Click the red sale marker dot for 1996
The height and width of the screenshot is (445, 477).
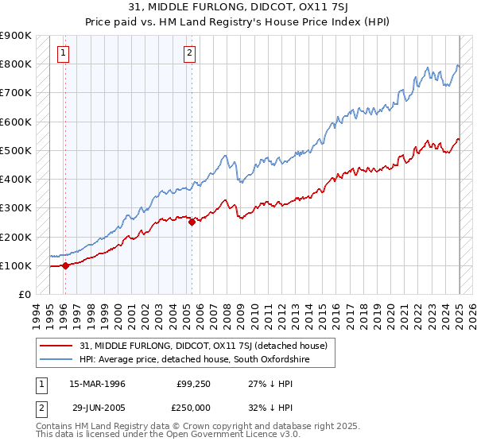(65, 265)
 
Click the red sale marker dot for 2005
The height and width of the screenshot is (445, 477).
(192, 222)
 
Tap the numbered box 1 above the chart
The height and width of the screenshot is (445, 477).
(63, 54)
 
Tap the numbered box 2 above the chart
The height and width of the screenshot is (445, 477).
(190, 54)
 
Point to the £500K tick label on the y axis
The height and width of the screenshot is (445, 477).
(16, 150)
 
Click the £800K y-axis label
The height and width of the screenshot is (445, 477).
(16, 64)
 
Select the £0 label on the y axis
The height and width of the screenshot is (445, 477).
(23, 295)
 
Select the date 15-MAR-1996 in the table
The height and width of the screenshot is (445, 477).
(97, 384)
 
